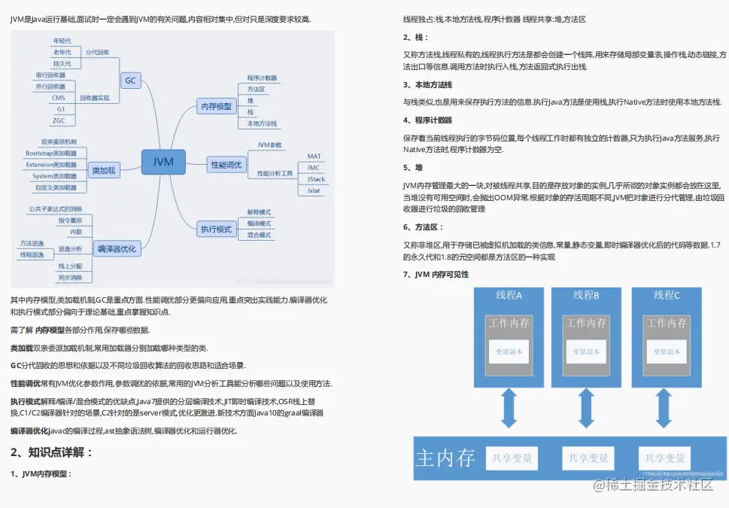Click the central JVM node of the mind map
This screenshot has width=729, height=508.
[x=163, y=162]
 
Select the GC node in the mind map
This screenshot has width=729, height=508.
[x=131, y=80]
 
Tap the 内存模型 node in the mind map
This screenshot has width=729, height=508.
[x=216, y=106]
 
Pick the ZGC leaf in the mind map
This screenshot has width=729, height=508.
[x=59, y=120]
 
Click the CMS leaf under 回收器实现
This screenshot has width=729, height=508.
[x=58, y=98]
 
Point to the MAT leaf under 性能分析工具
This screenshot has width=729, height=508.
[x=314, y=157]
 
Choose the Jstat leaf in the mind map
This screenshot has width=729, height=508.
[x=314, y=190]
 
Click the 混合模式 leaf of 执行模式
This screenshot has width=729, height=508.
[x=259, y=235]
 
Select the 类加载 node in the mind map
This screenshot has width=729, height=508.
[x=104, y=171]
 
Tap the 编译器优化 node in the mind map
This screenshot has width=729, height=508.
[x=117, y=248]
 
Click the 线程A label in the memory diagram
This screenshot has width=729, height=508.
[x=509, y=295]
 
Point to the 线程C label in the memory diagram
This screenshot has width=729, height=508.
[x=667, y=295]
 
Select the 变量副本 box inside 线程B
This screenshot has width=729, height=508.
[x=588, y=351]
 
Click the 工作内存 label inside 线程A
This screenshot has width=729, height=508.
[x=509, y=323]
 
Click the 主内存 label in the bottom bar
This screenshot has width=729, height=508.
[x=445, y=457]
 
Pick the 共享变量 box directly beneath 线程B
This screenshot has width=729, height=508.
[x=588, y=458]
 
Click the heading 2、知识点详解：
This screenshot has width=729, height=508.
[x=51, y=452]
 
